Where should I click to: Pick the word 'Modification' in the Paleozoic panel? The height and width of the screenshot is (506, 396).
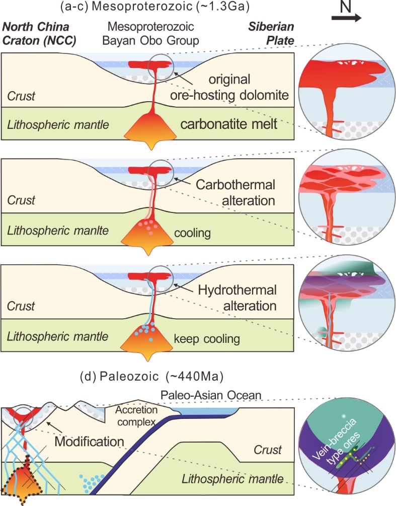coord(90,441)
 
